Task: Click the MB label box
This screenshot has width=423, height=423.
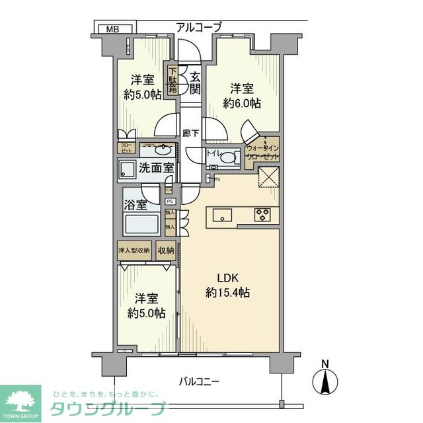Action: (114, 28)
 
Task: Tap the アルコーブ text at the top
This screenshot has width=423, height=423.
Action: (198, 27)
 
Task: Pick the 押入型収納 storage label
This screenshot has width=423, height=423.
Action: (134, 250)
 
